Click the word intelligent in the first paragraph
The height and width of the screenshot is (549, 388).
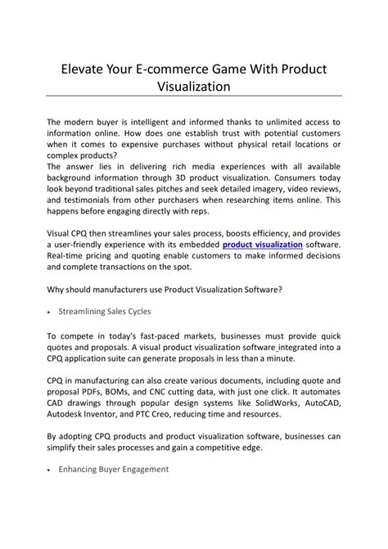click(157, 122)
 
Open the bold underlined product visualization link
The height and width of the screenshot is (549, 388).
click(263, 245)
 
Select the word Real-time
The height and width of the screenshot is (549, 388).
click(70, 256)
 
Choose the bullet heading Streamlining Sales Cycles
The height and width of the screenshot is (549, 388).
click(104, 312)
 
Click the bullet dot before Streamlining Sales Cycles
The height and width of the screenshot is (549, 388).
click(51, 313)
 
